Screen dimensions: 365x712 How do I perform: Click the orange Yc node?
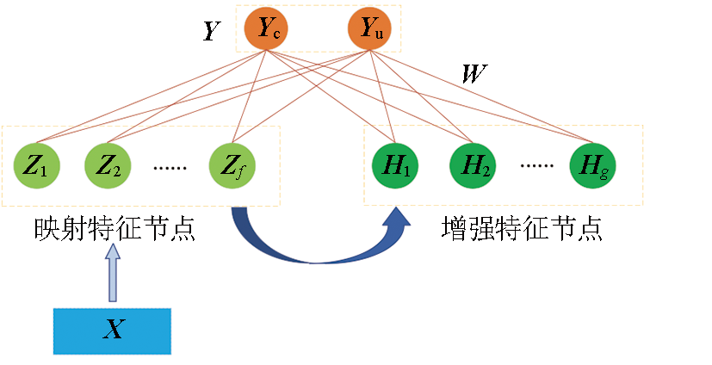(266, 30)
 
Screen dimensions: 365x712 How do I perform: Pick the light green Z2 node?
(107, 166)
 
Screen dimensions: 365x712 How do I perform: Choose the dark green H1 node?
(393, 166)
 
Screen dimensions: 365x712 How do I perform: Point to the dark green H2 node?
(473, 166)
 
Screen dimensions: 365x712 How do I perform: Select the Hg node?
(592, 166)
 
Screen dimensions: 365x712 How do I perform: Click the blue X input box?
(112, 331)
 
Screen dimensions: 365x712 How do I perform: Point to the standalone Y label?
(209, 33)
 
